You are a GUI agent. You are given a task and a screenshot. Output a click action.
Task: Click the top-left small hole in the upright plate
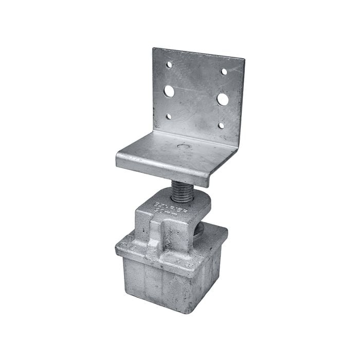[x=169, y=65]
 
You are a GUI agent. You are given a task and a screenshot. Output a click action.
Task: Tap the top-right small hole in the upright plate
[x=224, y=71]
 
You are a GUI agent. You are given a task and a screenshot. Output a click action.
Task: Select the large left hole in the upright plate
[x=169, y=92]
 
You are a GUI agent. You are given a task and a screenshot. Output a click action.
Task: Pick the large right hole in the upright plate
[x=223, y=99]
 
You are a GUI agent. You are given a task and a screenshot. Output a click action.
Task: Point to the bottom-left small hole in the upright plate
[x=168, y=117]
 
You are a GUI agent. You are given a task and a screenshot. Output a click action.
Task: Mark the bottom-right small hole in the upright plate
[x=221, y=125]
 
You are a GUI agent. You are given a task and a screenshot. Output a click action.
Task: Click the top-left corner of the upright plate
[x=154, y=49]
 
